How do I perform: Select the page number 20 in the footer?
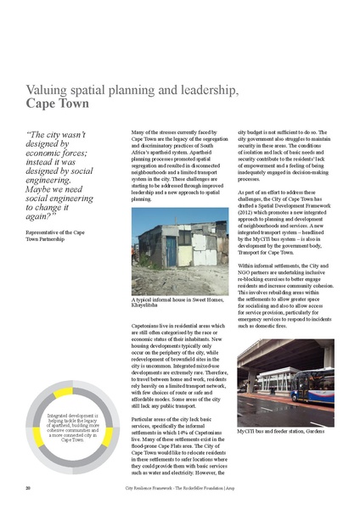click(28, 488)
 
